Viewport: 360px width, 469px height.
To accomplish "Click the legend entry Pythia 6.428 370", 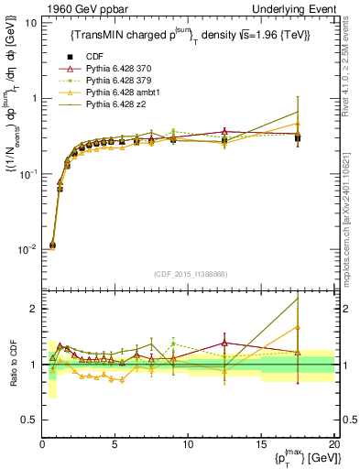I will (x=119, y=68).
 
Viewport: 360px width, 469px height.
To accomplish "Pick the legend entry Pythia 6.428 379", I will (x=119, y=81).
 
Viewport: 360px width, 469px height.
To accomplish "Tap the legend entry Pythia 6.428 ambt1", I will (x=122, y=93).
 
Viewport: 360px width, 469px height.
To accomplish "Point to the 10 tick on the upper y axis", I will (x=30, y=22).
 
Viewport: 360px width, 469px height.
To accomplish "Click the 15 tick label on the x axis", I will (x=261, y=444).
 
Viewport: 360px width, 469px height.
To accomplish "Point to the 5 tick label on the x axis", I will (x=115, y=444).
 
